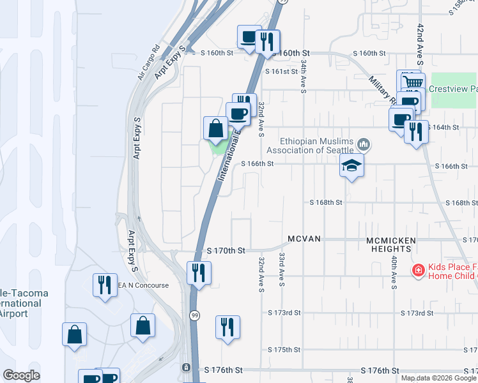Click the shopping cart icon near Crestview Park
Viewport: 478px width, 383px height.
tap(413, 82)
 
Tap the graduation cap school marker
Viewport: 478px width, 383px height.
tap(351, 166)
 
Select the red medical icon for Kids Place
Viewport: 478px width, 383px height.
tap(418, 271)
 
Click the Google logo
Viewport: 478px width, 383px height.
tap(21, 375)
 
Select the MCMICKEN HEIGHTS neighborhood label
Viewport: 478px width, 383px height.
tap(391, 244)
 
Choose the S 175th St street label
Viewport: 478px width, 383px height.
tap(284, 350)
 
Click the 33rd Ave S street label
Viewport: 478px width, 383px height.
tap(282, 268)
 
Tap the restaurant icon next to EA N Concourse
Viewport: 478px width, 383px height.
tap(103, 284)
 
